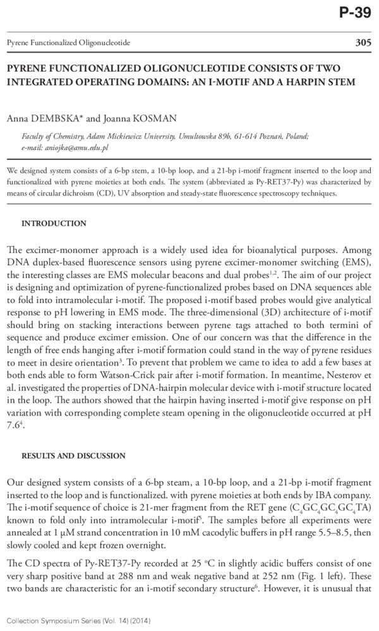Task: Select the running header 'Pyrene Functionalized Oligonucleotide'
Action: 68,43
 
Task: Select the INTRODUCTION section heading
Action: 54,224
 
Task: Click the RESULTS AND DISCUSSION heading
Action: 73,456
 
